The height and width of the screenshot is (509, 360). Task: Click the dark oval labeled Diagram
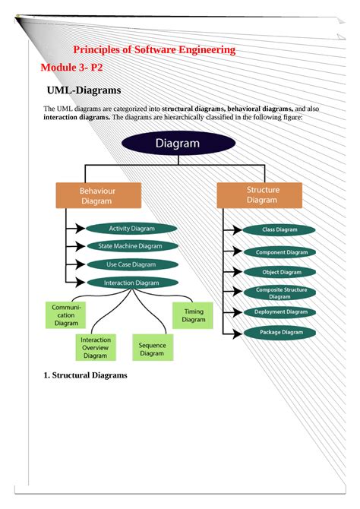point(178,144)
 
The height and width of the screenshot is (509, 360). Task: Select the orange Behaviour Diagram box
point(97,195)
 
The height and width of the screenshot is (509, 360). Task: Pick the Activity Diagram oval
point(132,228)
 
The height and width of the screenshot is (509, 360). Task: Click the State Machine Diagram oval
point(131,246)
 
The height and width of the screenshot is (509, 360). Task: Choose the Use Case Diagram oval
point(132,264)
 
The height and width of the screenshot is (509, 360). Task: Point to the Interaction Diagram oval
point(132,283)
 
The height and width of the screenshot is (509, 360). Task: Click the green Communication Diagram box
point(66,315)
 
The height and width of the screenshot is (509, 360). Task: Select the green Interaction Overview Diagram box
point(96,347)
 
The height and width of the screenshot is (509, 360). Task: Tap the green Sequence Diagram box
point(152,349)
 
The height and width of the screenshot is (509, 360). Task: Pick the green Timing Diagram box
point(194,315)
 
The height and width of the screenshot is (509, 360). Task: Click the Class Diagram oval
point(280,229)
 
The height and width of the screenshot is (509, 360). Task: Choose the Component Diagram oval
point(281,252)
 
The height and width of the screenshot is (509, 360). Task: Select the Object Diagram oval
point(281,272)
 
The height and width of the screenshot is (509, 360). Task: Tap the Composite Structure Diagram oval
point(280,292)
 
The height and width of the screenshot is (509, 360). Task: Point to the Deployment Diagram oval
point(281,311)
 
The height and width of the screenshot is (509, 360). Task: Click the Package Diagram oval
point(281,332)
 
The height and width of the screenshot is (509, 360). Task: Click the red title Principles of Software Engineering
point(154,50)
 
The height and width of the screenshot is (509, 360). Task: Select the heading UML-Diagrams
point(84,90)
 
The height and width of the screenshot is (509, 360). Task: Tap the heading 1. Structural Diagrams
point(85,375)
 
